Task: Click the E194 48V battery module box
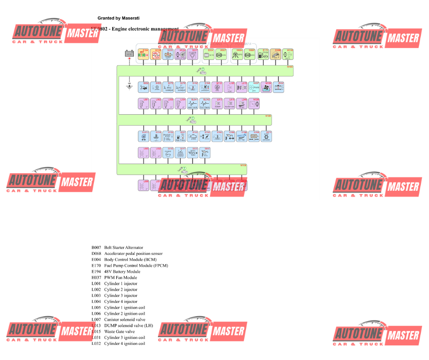[144, 54]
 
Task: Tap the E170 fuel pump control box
[263, 54]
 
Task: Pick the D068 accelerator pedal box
[276, 54]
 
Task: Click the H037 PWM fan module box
[254, 87]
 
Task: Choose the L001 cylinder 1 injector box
[144, 103]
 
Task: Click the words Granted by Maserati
[118, 18]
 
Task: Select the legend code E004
[96, 259]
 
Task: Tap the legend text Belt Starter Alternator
[123, 248]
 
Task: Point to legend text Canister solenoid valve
[124, 320]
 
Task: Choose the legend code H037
[96, 278]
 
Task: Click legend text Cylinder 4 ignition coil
[125, 344]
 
